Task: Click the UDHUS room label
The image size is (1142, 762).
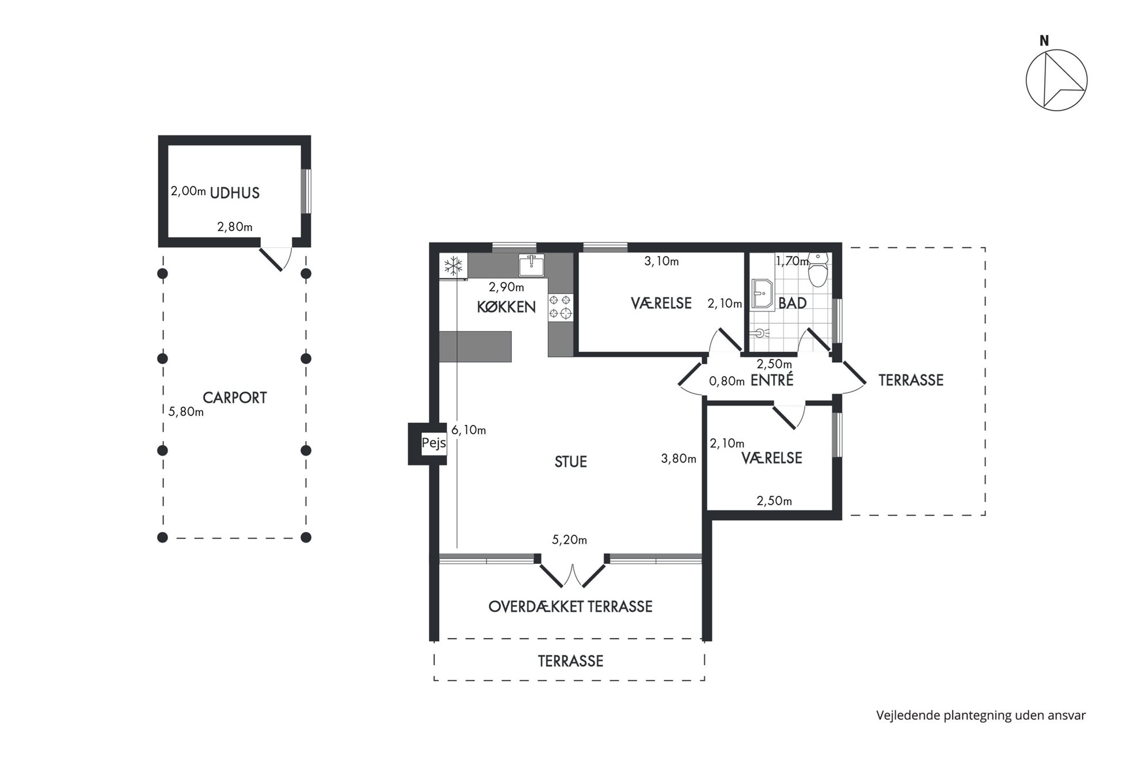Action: pyautogui.click(x=235, y=193)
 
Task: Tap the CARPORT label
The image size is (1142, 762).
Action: pyautogui.click(x=235, y=398)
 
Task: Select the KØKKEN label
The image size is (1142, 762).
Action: pyautogui.click(x=507, y=307)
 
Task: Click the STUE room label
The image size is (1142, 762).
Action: pyautogui.click(x=570, y=462)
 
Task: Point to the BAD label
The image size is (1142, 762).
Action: pyautogui.click(x=793, y=303)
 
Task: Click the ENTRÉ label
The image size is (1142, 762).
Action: pyautogui.click(x=772, y=380)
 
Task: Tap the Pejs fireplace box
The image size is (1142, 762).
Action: pyautogui.click(x=433, y=443)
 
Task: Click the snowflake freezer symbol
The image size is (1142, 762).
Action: pyautogui.click(x=454, y=266)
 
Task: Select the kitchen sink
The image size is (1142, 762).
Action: pyautogui.click(x=531, y=265)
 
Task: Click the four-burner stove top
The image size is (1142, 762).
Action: pyautogui.click(x=561, y=306)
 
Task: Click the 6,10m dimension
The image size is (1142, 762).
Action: pyautogui.click(x=469, y=430)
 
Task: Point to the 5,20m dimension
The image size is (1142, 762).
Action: pyautogui.click(x=569, y=540)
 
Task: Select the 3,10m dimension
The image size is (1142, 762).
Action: pyautogui.click(x=661, y=261)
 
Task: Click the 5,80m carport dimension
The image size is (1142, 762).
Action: pyautogui.click(x=186, y=412)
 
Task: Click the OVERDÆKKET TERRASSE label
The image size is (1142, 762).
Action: pyautogui.click(x=570, y=607)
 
